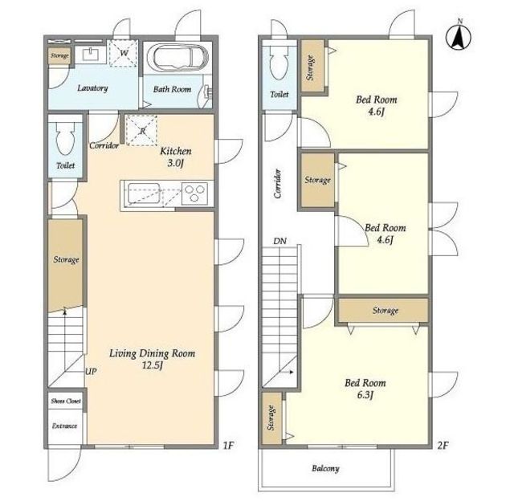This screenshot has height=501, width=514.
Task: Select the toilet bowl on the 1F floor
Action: point(65,138)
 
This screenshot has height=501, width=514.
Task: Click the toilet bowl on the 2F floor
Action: point(279,63)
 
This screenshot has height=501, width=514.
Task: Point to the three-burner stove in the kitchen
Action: point(194,193)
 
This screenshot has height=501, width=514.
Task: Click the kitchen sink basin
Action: point(144,193)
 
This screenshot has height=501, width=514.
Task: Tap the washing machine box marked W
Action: point(123,53)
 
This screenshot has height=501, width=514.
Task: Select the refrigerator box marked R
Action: point(141,130)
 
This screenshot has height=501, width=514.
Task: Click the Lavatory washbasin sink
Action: point(90,55)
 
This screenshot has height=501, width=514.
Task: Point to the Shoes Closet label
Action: point(66,401)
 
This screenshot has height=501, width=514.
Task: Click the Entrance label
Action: point(65,426)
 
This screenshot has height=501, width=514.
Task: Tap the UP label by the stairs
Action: point(91,372)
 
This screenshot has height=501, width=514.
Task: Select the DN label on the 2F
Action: point(279,241)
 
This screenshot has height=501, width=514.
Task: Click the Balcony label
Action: point(325,468)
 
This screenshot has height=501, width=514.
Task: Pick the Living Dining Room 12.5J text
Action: point(152,359)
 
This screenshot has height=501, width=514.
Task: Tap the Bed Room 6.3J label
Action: point(365,389)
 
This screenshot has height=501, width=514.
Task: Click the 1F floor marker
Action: point(228,446)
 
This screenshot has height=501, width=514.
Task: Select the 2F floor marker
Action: point(443,446)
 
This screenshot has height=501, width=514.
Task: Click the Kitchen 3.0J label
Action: point(176,157)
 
